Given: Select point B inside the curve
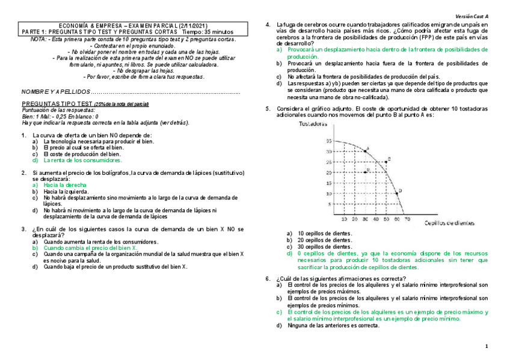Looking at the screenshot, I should coord(365,172).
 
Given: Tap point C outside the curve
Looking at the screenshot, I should coord(387,160).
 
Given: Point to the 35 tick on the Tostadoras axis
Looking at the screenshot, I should coord(329,141).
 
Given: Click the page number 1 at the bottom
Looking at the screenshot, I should coord(487,347).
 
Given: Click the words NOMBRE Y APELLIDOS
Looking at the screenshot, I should coord(56,92).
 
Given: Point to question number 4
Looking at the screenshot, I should coord(268,23).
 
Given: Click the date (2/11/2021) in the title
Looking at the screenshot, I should coord(192,26).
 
